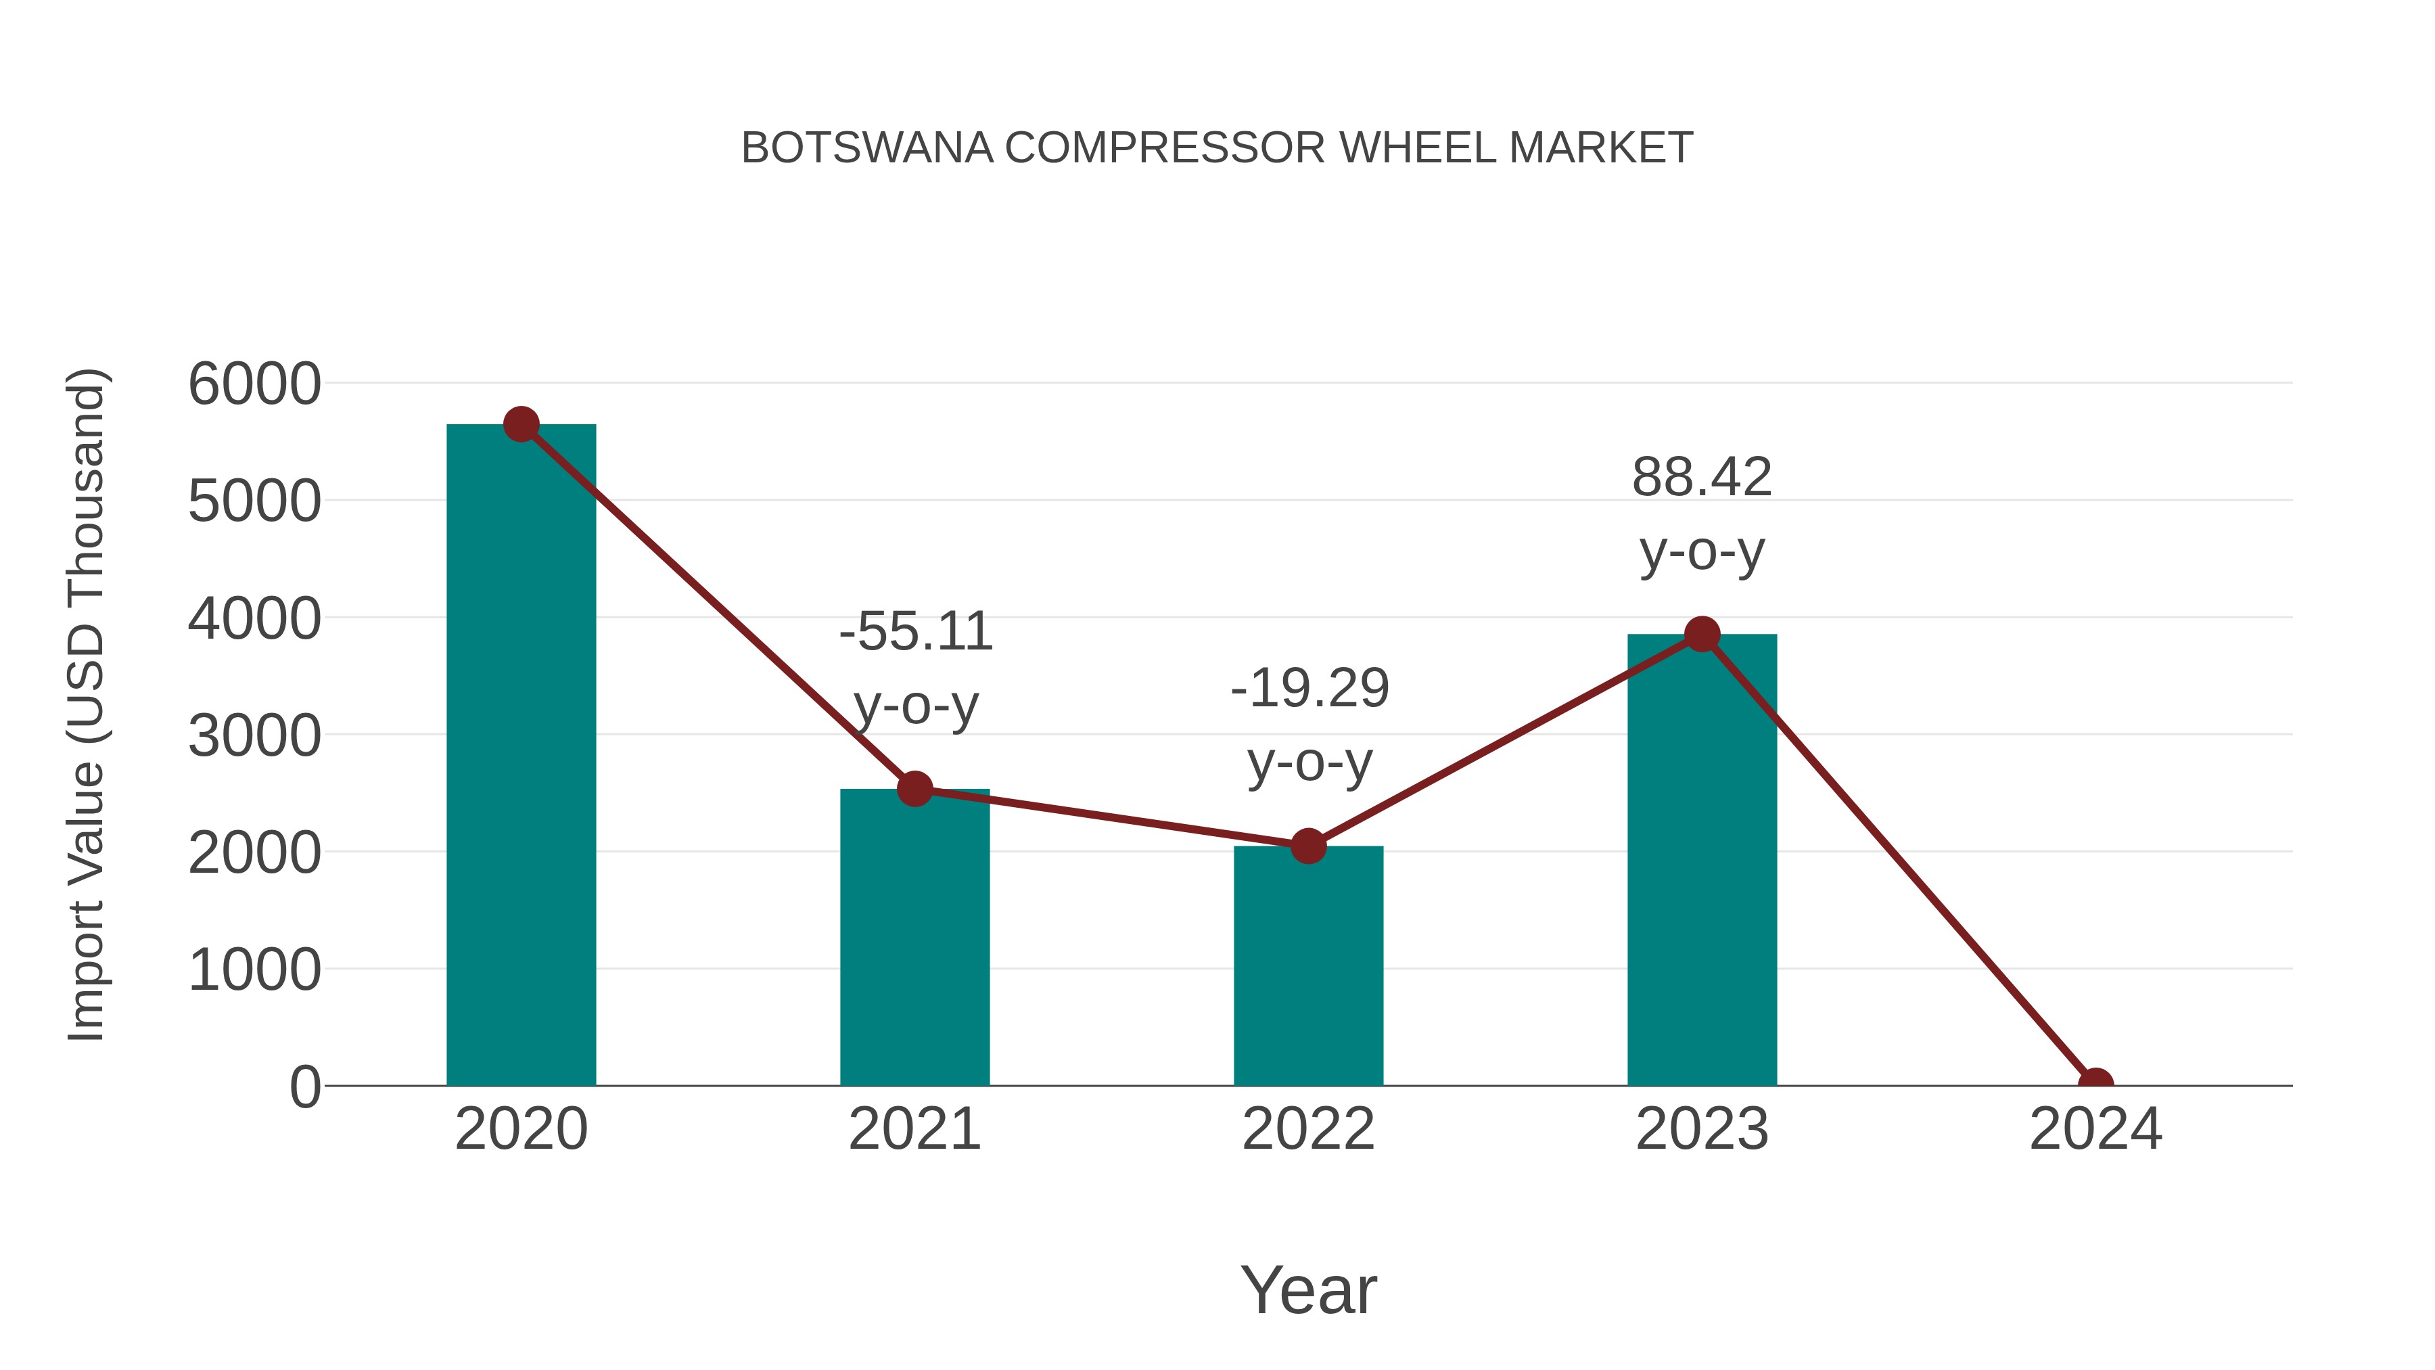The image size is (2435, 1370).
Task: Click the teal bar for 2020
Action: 521,756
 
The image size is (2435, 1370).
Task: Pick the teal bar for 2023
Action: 1702,861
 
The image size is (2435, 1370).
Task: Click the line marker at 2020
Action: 521,424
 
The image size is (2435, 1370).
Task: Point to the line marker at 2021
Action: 914,789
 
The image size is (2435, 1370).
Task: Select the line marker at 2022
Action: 1307,846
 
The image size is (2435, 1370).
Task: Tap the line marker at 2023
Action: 1702,635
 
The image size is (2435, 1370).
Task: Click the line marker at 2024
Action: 2095,1084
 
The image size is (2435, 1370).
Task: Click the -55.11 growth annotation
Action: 916,668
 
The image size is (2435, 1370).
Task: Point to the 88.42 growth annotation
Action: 1702,513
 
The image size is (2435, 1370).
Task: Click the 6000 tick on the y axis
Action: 254,385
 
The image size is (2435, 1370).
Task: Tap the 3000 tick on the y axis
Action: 254,737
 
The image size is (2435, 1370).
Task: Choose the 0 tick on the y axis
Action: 304,1087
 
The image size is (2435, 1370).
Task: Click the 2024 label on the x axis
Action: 2095,1129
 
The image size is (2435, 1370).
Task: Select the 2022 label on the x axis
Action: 1307,1129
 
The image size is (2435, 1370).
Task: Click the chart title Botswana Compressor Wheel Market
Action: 1217,148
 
